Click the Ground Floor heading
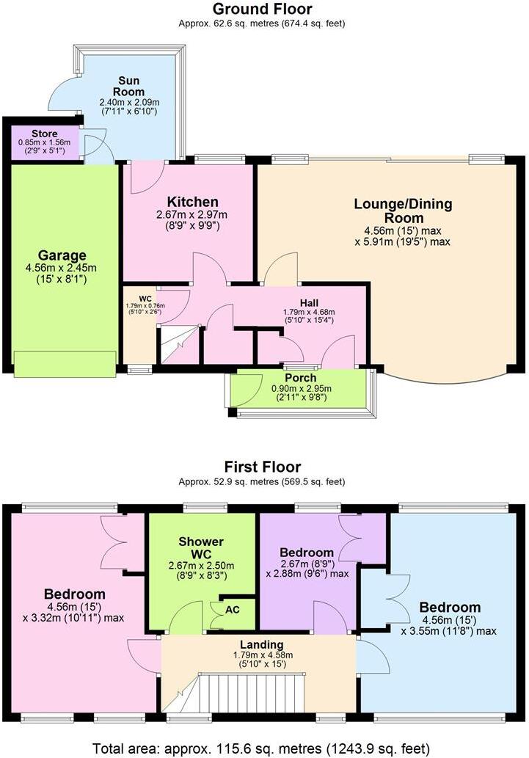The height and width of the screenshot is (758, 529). click(262, 10)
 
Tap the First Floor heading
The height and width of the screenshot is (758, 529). click(262, 467)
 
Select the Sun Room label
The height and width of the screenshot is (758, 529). click(135, 81)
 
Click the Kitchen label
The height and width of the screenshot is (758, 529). click(192, 202)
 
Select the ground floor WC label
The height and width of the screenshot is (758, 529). click(145, 298)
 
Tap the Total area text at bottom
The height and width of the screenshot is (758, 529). click(260, 748)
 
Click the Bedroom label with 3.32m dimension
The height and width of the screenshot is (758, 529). click(74, 594)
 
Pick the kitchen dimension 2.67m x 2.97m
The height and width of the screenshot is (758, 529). click(192, 215)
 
